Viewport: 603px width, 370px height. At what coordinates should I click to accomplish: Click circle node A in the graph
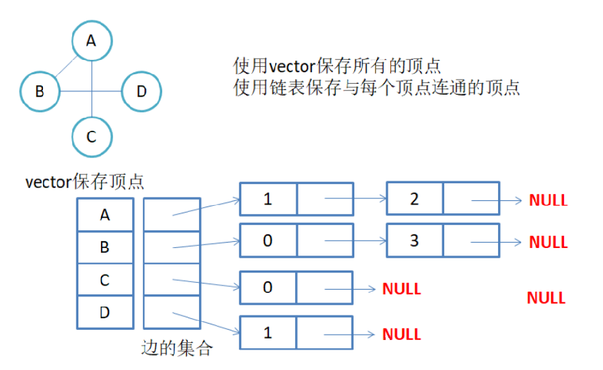pos(91,41)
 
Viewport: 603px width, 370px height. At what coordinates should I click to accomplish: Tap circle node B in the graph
pos(40,91)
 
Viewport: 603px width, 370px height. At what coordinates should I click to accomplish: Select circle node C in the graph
pos(91,137)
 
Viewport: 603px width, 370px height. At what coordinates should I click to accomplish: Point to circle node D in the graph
pos(141,91)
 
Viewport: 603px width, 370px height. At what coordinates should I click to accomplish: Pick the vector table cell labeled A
pos(104,215)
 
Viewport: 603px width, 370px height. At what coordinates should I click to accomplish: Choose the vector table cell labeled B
pos(104,247)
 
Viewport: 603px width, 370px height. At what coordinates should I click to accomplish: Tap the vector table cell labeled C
pos(104,280)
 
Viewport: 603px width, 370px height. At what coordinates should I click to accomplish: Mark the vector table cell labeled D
pos(104,313)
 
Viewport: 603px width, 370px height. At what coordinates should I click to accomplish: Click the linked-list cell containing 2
pos(414,199)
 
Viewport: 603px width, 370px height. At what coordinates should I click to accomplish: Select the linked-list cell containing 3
pos(414,241)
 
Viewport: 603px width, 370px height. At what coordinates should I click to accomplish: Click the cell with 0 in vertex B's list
pos(268,241)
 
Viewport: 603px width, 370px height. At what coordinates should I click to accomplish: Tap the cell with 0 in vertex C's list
pos(268,288)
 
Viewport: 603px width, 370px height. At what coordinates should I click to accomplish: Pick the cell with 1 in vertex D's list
pos(268,333)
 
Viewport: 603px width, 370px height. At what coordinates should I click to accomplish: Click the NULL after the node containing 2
pos(548,200)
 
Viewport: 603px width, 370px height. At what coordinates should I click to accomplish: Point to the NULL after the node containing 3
pos(548,242)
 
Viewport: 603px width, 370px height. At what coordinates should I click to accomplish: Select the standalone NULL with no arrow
pos(546,298)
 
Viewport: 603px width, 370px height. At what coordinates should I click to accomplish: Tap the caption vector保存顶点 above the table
pos(84,182)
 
